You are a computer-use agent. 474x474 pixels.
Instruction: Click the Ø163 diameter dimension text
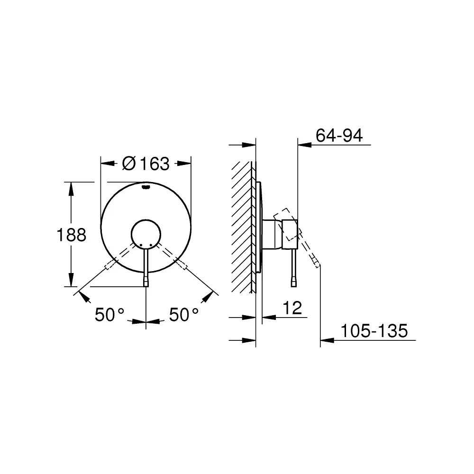click(x=146, y=164)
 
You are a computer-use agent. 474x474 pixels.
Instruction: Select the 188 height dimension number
click(x=72, y=235)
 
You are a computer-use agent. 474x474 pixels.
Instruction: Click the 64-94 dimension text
click(x=339, y=136)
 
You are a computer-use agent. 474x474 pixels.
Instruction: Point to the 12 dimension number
click(x=292, y=308)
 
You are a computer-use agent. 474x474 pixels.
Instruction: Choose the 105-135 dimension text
click(x=374, y=331)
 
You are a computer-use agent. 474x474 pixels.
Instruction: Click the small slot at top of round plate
click(x=146, y=187)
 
